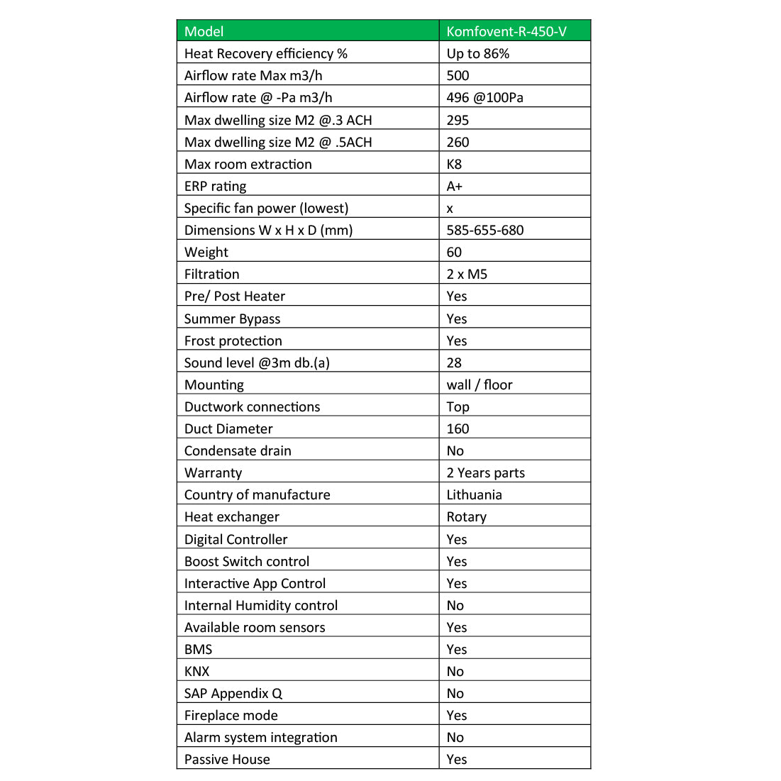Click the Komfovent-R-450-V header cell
coord(506,31)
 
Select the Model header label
coord(204,31)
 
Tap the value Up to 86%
coord(477,54)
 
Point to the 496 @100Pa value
coord(484,98)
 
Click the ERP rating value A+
coord(454,187)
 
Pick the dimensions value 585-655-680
coord(484,231)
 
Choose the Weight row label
coord(206,253)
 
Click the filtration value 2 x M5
coord(467,275)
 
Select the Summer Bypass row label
coord(232,319)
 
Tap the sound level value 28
coord(454,363)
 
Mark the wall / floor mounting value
coord(479,385)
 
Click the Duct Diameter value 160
coord(458,429)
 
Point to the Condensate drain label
coord(238,451)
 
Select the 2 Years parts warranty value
coord(485,473)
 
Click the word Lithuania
coord(474,495)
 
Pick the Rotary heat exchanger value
coord(466,517)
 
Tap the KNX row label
coord(196,672)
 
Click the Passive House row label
coord(227,760)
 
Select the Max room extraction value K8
coord(454,165)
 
